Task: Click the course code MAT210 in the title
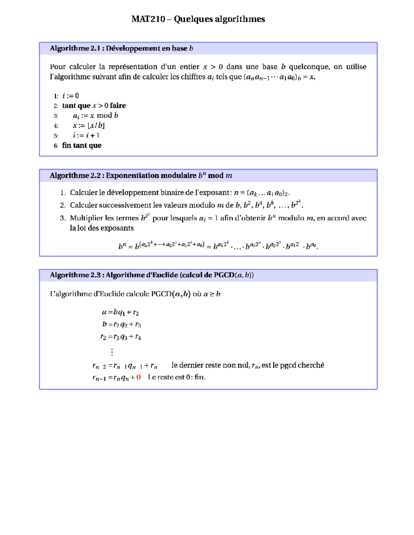[x=148, y=19]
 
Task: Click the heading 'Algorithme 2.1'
[x=75, y=49]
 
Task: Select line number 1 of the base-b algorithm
[x=56, y=96]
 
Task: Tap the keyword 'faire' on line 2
[x=118, y=106]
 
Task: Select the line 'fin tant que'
[x=82, y=145]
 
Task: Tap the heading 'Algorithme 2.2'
[x=75, y=176]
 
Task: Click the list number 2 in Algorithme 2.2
[x=62, y=205]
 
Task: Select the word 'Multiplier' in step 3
[x=86, y=218]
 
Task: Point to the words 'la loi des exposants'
[x=102, y=228]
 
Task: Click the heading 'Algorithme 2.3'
[x=75, y=275]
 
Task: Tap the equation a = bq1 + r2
[x=120, y=312]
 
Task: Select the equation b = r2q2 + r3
[x=121, y=325]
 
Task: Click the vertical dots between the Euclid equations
[x=112, y=352]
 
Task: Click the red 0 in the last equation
[x=138, y=377]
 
